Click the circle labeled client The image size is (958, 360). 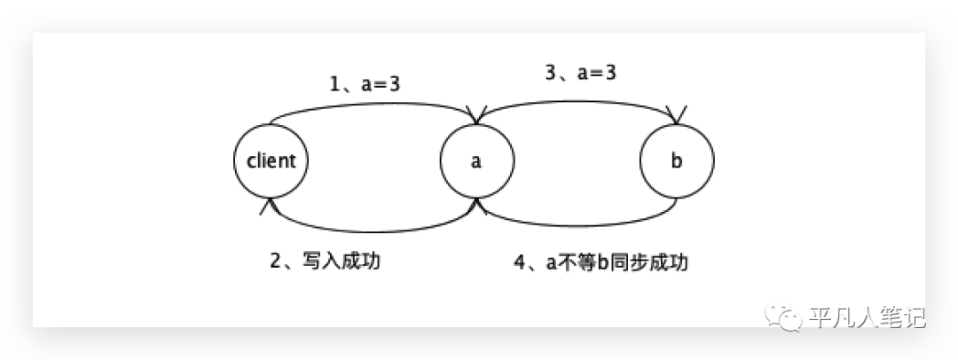pos(271,160)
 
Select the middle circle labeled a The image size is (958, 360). pos(476,160)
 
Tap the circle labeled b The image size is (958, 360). pos(677,160)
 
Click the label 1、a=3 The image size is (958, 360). pos(365,85)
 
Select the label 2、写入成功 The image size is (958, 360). pos(324,262)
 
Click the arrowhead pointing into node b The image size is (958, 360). pos(677,116)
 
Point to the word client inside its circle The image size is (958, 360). pos(271,161)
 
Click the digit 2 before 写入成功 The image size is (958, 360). pos(275,262)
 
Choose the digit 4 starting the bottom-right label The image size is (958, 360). pos(520,262)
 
